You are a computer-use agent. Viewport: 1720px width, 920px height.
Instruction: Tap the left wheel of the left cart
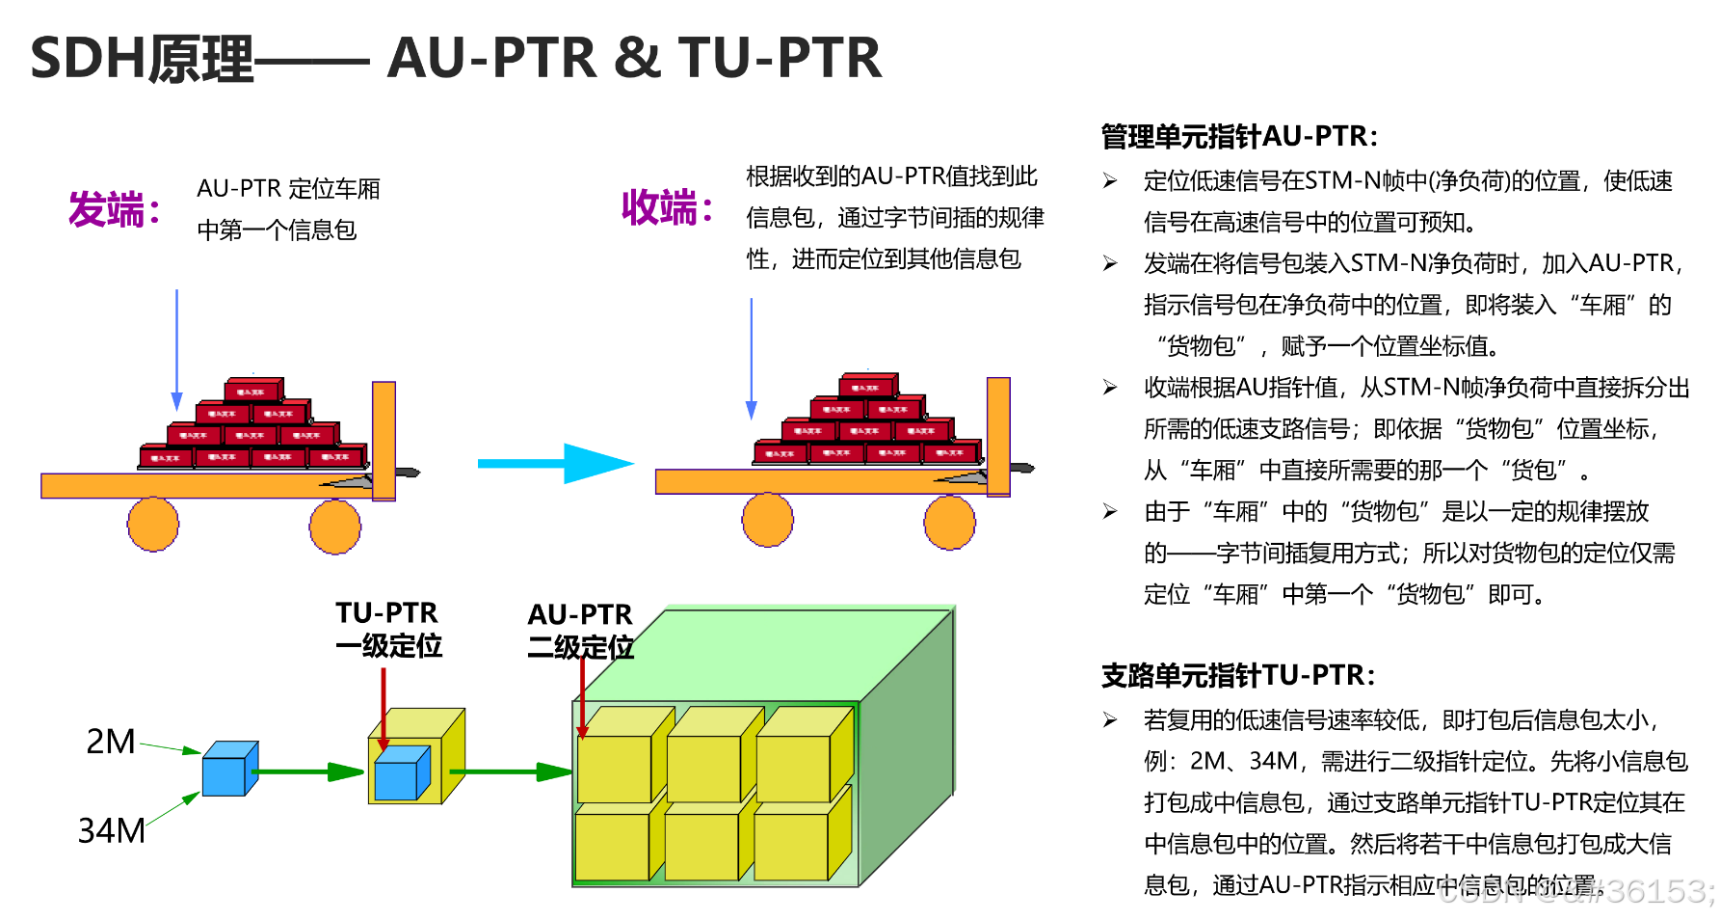coord(153,525)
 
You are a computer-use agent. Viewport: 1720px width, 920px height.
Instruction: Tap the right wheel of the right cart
coord(949,523)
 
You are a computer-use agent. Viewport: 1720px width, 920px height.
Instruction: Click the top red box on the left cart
coord(253,391)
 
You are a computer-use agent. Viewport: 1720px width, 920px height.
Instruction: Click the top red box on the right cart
coord(867,386)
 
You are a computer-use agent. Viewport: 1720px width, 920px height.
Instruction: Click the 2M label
coord(111,742)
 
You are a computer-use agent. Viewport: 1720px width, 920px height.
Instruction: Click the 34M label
coord(112,830)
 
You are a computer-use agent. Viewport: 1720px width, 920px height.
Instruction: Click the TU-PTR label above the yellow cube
coord(387,613)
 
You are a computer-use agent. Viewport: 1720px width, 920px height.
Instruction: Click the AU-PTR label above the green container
coord(580,615)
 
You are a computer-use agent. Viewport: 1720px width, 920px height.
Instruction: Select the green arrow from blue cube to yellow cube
coord(308,771)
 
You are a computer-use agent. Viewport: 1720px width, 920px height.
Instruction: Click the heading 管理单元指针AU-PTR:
coord(1239,137)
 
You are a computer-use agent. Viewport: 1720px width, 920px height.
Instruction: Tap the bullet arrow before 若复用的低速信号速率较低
coord(1111,720)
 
